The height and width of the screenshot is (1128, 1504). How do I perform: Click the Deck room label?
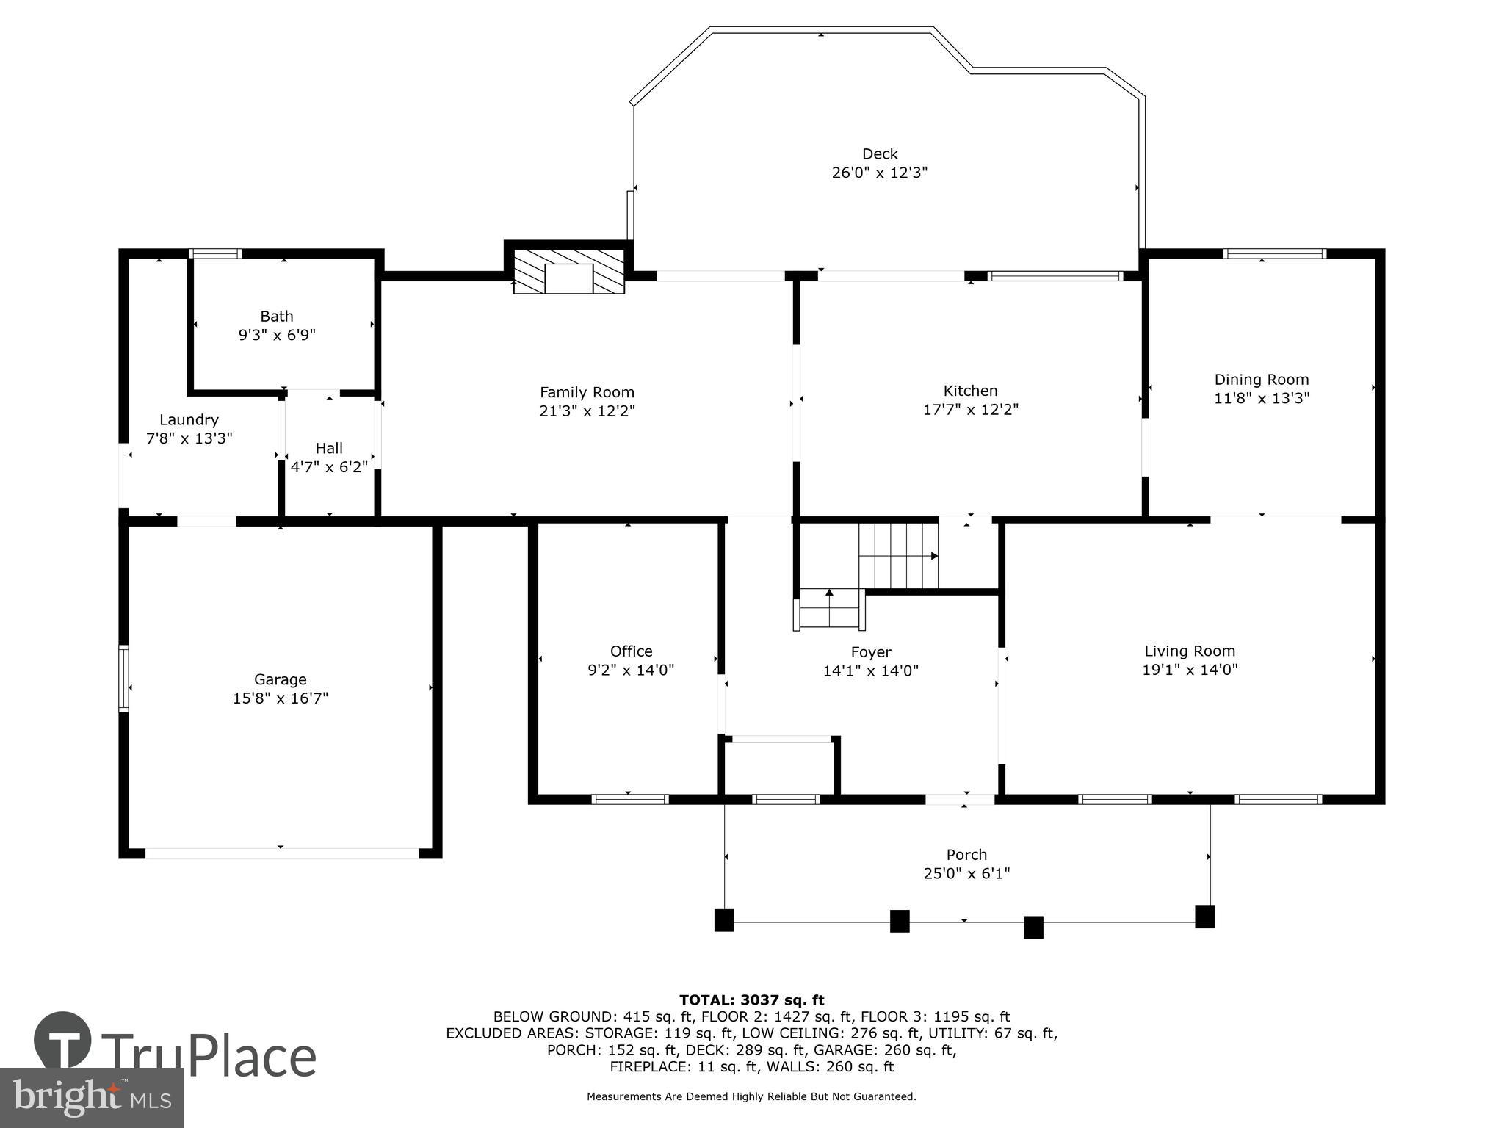(x=879, y=154)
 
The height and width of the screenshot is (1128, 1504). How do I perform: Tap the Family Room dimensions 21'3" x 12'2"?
(x=586, y=411)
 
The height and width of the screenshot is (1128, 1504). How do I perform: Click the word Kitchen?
(x=970, y=391)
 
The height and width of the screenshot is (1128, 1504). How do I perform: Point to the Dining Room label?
(x=1261, y=380)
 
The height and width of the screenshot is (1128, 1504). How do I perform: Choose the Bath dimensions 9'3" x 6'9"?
(x=277, y=336)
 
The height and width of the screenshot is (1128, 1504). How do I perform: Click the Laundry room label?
(x=189, y=420)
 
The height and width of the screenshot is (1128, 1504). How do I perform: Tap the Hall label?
(x=329, y=448)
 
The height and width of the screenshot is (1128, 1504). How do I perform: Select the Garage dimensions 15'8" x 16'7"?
(x=280, y=698)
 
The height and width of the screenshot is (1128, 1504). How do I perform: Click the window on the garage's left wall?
(x=124, y=679)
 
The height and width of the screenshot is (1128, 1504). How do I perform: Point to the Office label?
(x=631, y=651)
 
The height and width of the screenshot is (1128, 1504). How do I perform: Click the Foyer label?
(x=870, y=652)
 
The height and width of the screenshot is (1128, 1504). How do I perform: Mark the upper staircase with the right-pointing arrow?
(x=898, y=556)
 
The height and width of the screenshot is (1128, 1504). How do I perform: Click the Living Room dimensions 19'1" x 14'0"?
(x=1190, y=670)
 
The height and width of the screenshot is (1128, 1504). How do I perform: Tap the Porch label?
(x=966, y=855)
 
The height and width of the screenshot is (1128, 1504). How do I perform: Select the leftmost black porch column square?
(x=724, y=921)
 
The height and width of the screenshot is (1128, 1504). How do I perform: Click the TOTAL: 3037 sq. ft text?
(x=751, y=1000)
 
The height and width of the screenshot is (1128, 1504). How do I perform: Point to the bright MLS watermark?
(x=91, y=1098)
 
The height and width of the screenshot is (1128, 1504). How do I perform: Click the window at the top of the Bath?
(x=215, y=254)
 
